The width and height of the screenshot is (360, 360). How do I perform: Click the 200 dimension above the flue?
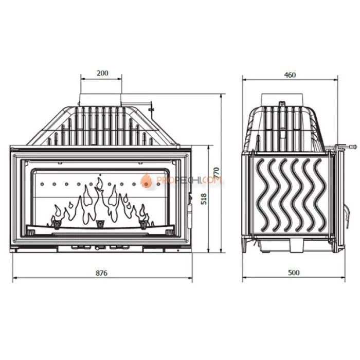click(102, 73)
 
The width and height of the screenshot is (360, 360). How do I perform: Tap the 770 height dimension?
click(217, 173)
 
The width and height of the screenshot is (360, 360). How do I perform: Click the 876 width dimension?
click(102, 273)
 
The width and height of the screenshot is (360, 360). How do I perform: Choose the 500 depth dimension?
click(294, 273)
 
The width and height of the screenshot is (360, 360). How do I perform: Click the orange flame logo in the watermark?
click(147, 180)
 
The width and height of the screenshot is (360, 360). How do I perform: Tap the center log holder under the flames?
click(99, 223)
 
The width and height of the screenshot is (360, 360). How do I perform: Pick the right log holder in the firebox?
click(144, 222)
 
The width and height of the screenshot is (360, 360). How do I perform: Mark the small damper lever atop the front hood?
click(151, 109)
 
